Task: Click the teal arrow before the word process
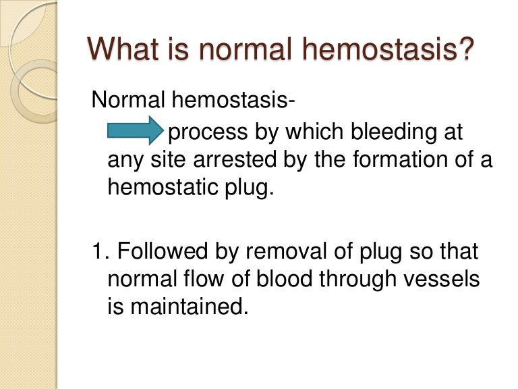click(x=135, y=130)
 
